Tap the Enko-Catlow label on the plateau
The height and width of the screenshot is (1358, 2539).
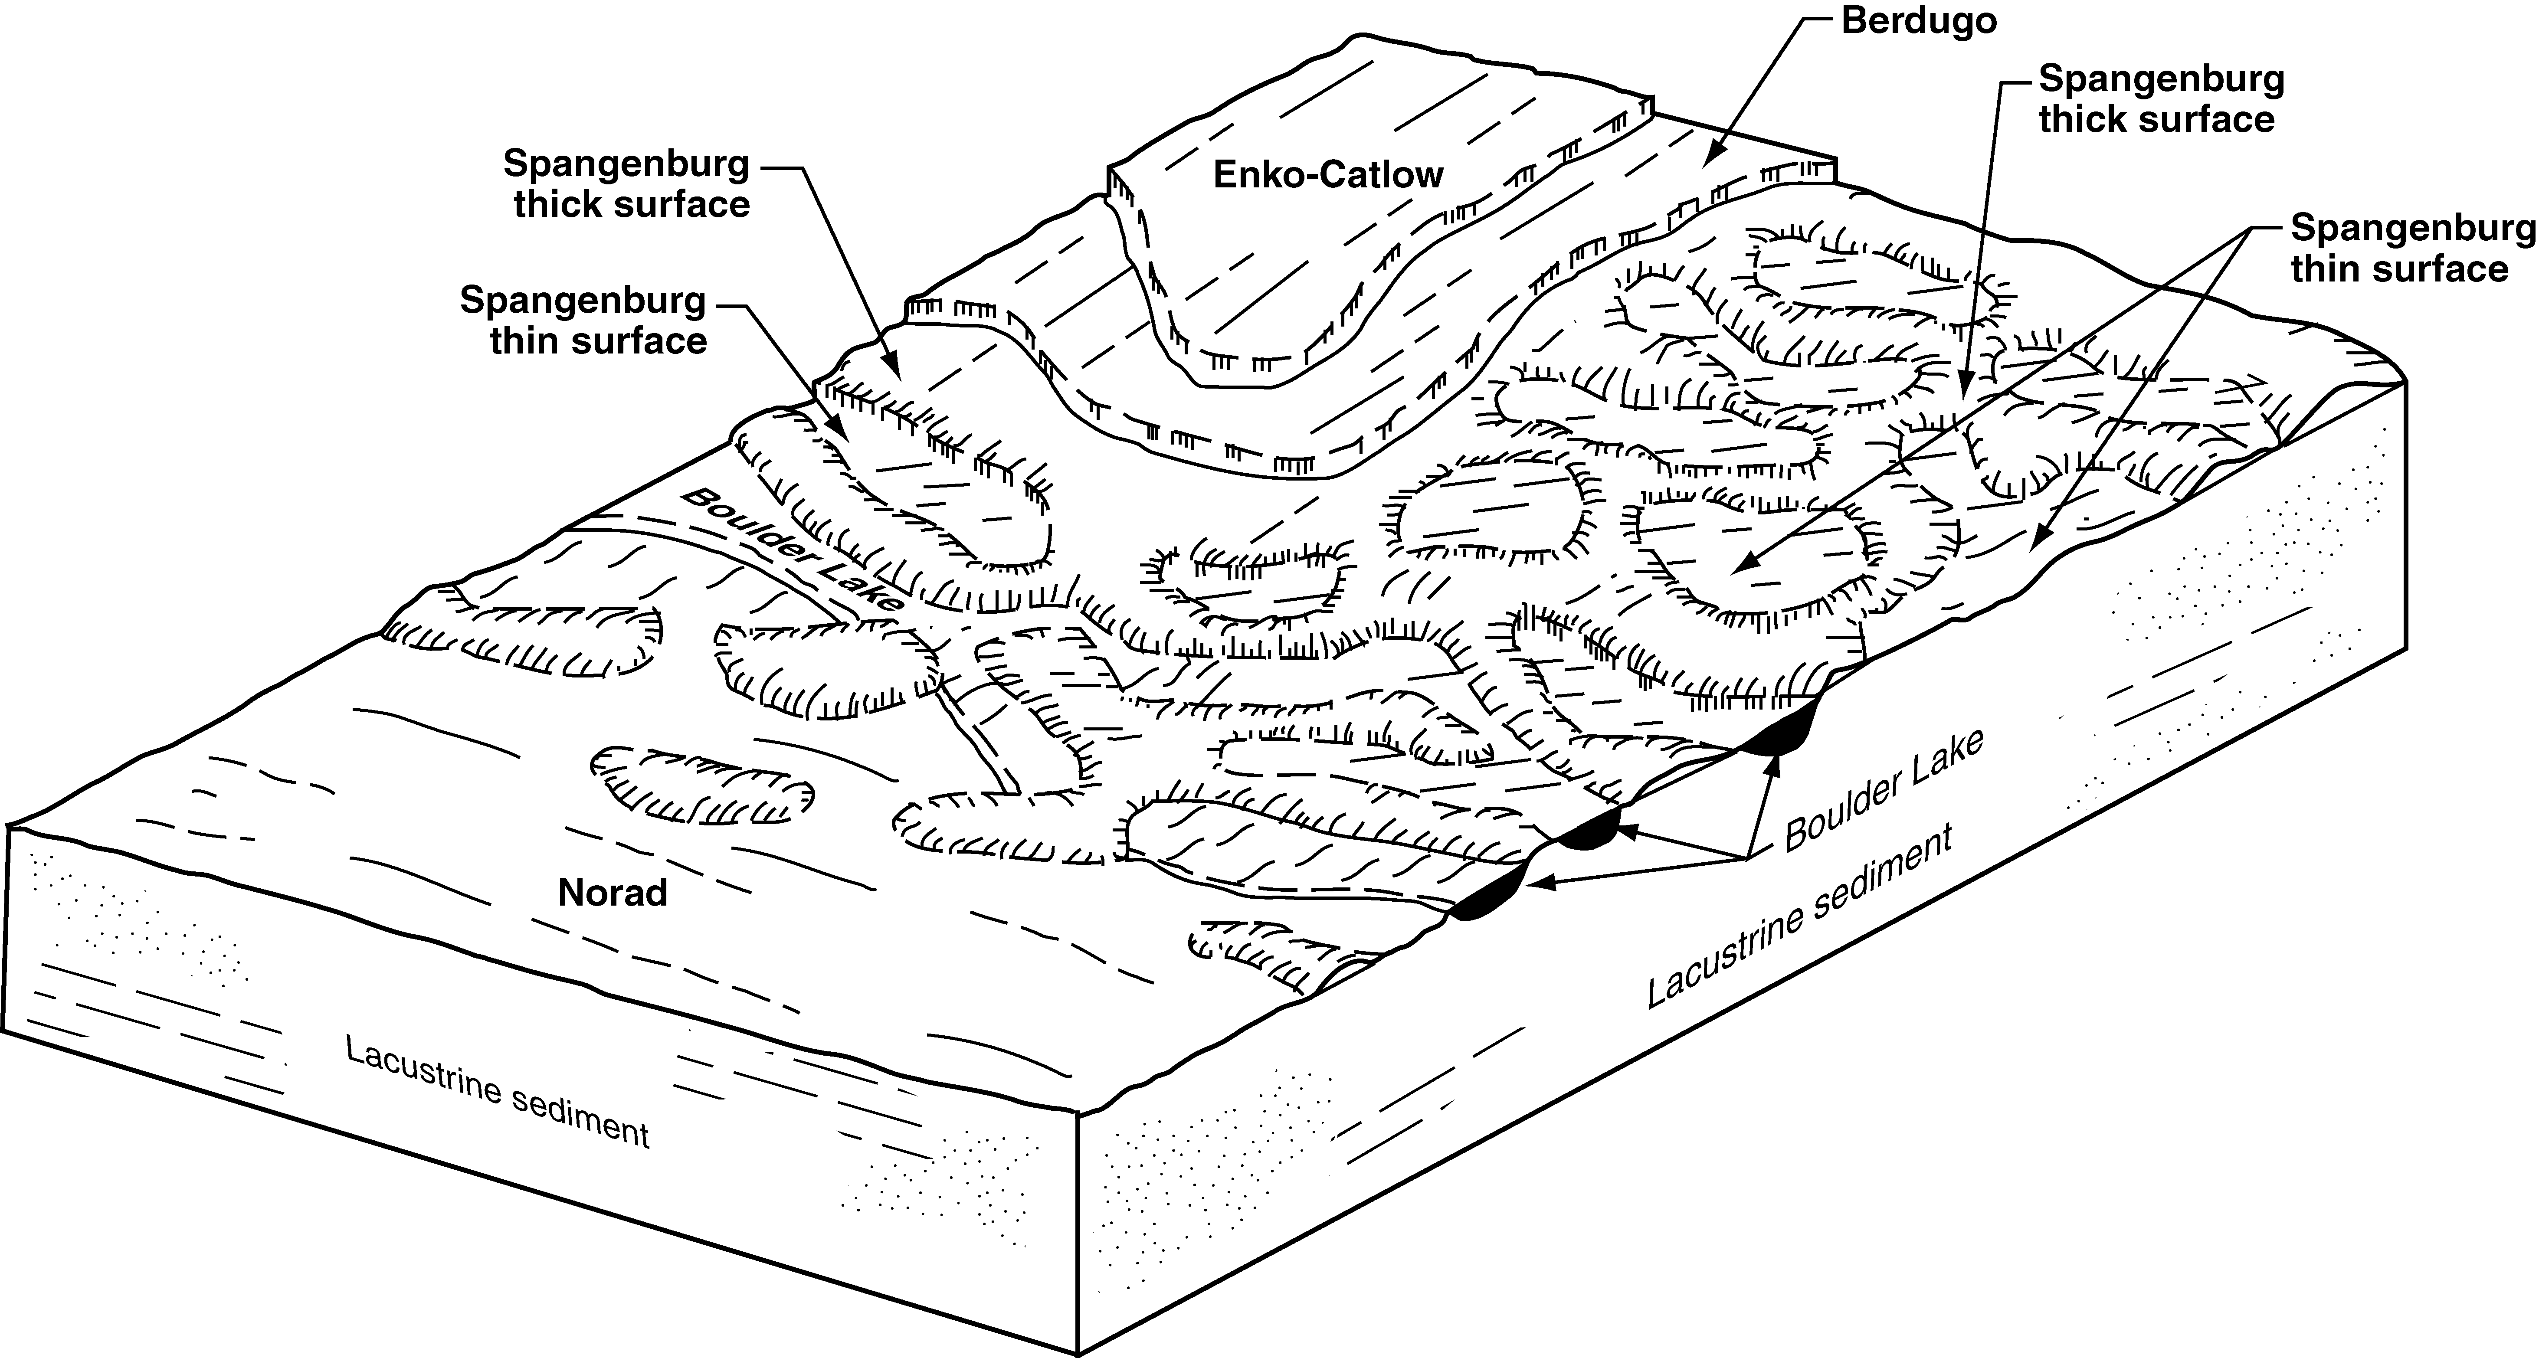[x=1328, y=175]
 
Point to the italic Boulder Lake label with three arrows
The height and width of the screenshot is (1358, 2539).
[x=1883, y=792]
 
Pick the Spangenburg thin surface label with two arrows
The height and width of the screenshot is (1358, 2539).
[x=2412, y=249]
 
